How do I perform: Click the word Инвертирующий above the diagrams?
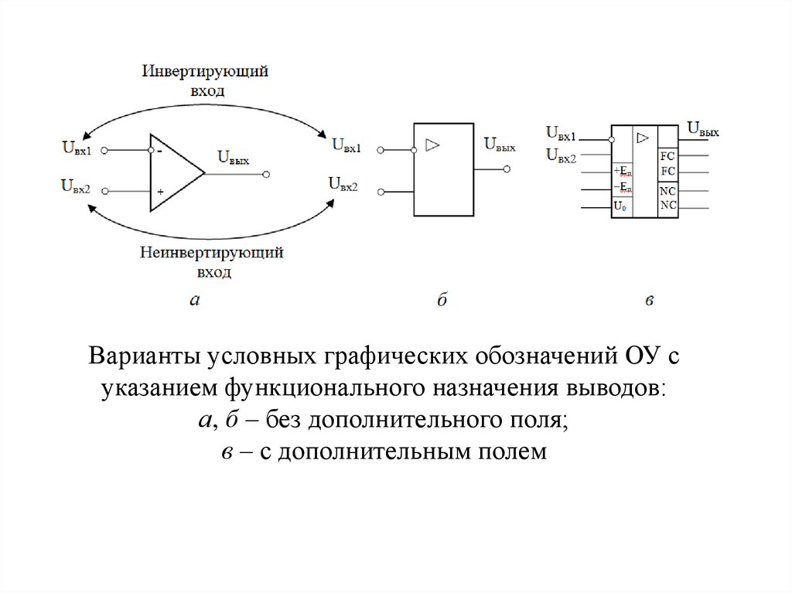[x=205, y=72]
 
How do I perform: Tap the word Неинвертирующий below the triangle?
[x=211, y=253]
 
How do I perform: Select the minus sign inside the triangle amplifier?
[x=159, y=152]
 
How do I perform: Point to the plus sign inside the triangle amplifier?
[x=160, y=191]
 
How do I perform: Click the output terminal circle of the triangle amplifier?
[x=266, y=175]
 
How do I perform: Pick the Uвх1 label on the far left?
[x=75, y=148]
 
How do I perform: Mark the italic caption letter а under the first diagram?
[x=194, y=301]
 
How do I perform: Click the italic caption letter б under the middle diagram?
[x=442, y=301]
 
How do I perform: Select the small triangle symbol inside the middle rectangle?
[x=432, y=144]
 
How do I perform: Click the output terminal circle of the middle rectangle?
[x=507, y=169]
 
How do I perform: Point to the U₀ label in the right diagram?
[x=620, y=206]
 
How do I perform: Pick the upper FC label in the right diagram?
[x=667, y=155]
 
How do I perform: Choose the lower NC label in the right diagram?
[x=667, y=205]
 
